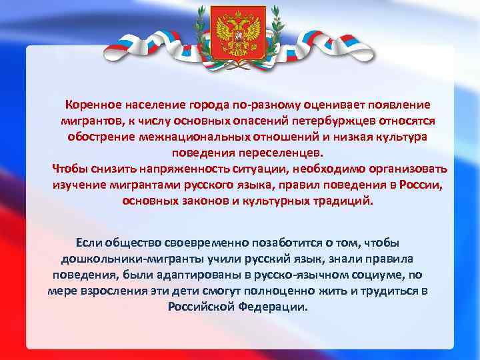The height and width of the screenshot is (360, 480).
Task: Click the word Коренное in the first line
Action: click(93, 105)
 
